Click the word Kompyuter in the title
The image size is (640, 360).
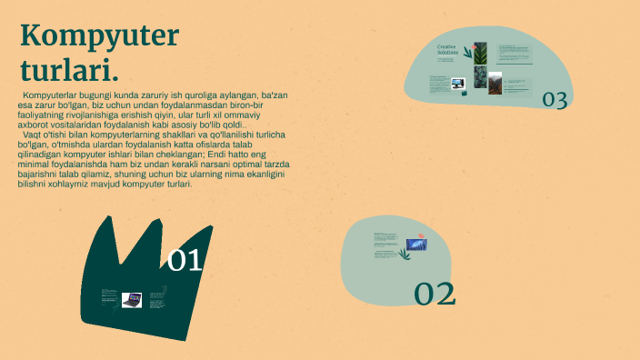coord(100,36)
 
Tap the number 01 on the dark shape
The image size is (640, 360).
coord(185,261)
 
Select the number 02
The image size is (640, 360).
coord(435,293)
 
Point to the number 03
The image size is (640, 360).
coord(555,100)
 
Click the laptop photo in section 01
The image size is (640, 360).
coord(133,299)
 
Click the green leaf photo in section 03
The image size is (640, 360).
coord(480,53)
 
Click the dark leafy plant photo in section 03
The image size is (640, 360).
coord(480,77)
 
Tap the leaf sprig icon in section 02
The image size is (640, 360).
coord(405,254)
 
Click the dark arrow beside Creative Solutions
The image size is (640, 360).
coord(467,53)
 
